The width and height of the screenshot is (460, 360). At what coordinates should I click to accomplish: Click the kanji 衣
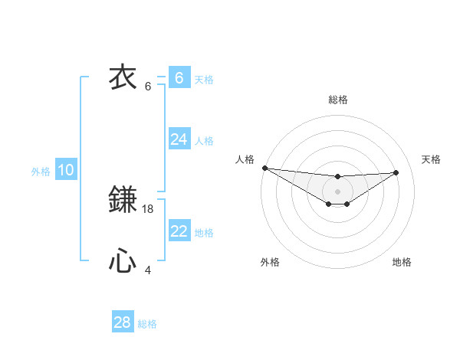coord(123,77)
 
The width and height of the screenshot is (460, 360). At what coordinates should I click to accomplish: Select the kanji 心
coord(123,262)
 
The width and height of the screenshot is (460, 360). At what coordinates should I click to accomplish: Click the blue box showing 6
coord(179,77)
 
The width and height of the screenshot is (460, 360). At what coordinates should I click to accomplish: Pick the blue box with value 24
coord(179,139)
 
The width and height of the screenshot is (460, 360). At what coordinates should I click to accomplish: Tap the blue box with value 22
coord(179,231)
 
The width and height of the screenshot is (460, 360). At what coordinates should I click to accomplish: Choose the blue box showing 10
coord(66,170)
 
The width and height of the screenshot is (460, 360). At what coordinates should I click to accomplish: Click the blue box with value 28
coord(123,322)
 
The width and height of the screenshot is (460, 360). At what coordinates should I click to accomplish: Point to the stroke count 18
coord(149,208)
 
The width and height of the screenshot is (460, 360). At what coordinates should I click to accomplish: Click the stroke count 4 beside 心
coord(149,270)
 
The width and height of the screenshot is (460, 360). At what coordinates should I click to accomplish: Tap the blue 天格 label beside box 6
coord(204,79)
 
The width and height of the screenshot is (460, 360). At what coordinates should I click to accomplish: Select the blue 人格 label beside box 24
coord(204,141)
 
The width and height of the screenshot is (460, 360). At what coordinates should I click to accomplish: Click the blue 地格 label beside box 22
coord(204,233)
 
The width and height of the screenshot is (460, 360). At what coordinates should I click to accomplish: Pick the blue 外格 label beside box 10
coord(41,172)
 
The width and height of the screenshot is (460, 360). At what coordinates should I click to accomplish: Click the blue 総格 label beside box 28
coord(147,324)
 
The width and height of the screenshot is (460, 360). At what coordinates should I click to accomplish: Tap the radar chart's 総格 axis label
coord(337,100)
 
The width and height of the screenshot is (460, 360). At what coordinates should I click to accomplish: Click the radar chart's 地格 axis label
coord(402,262)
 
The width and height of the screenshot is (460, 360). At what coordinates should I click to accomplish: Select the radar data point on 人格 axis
coord(264,168)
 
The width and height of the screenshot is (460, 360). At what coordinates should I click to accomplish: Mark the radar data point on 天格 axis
coord(396,172)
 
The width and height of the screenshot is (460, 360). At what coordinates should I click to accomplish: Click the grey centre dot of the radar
coord(337,191)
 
